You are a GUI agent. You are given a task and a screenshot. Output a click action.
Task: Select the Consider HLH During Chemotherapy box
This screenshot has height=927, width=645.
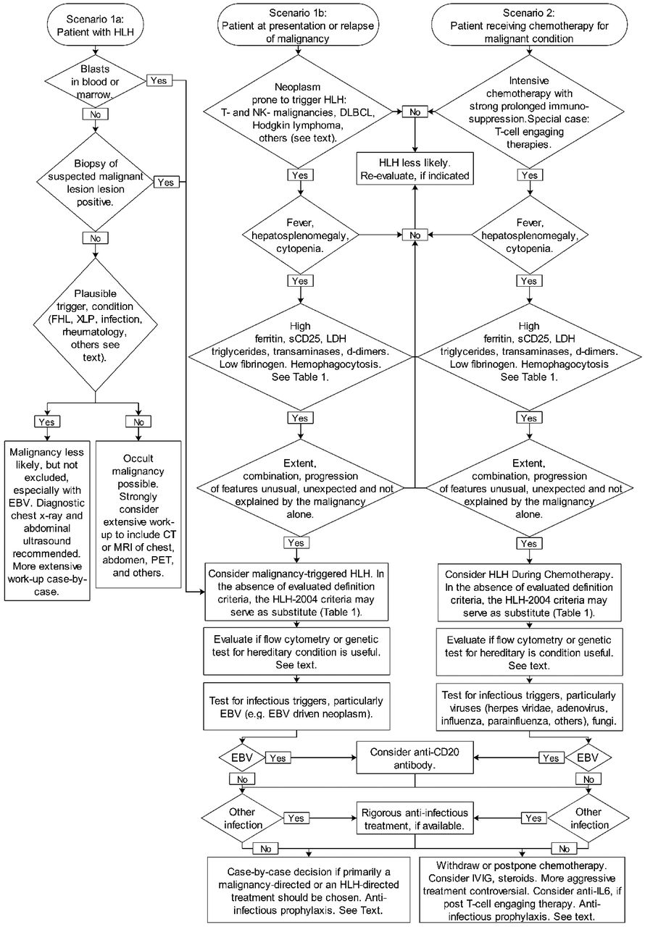(529, 592)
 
